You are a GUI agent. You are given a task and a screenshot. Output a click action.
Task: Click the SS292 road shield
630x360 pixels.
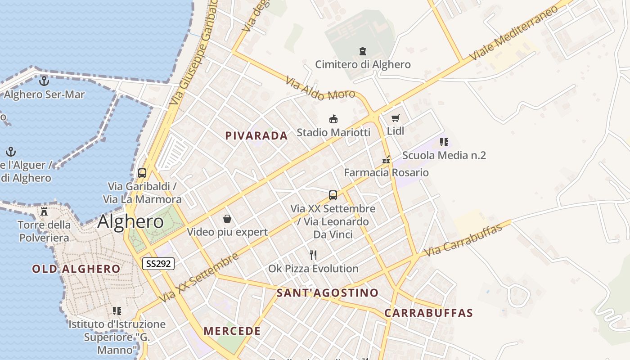[x=158, y=264]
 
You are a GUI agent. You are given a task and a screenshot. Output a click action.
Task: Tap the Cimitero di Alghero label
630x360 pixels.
[x=363, y=64]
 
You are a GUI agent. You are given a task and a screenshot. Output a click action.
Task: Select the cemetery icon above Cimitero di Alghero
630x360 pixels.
[x=363, y=51]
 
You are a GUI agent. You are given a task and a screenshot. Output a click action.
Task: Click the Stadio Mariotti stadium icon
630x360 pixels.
[x=333, y=119]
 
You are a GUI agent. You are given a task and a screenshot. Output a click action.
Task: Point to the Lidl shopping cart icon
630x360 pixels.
[x=396, y=118]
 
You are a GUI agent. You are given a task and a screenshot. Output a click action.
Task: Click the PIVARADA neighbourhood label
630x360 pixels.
[x=256, y=136]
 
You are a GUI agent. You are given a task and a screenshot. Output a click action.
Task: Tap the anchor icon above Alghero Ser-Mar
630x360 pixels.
[x=44, y=81]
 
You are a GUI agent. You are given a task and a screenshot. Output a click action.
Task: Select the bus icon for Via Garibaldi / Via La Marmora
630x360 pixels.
[x=142, y=173]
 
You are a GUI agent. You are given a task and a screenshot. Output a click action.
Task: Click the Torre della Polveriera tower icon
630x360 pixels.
[x=44, y=211]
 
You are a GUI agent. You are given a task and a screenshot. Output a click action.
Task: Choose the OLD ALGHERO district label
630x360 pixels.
[x=76, y=269]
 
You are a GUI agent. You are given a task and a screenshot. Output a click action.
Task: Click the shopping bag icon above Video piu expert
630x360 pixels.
[x=227, y=219]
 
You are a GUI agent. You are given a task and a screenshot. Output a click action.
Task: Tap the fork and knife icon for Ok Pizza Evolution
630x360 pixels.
[x=314, y=255]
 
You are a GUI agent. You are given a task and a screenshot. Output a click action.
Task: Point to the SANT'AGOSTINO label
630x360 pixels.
[x=328, y=293]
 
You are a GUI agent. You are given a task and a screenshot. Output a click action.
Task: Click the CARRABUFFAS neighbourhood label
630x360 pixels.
[x=428, y=313]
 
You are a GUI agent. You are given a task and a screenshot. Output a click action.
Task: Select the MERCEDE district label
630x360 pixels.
[x=232, y=331]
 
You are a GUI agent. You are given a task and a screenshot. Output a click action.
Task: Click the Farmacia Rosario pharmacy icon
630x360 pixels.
[x=386, y=160]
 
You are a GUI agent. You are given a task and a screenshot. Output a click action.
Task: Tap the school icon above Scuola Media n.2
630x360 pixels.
[x=444, y=143]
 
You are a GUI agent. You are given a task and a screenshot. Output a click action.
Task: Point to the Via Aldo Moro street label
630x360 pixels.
[x=320, y=88]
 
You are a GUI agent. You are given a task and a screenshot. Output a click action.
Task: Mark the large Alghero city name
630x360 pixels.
[x=130, y=221]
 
